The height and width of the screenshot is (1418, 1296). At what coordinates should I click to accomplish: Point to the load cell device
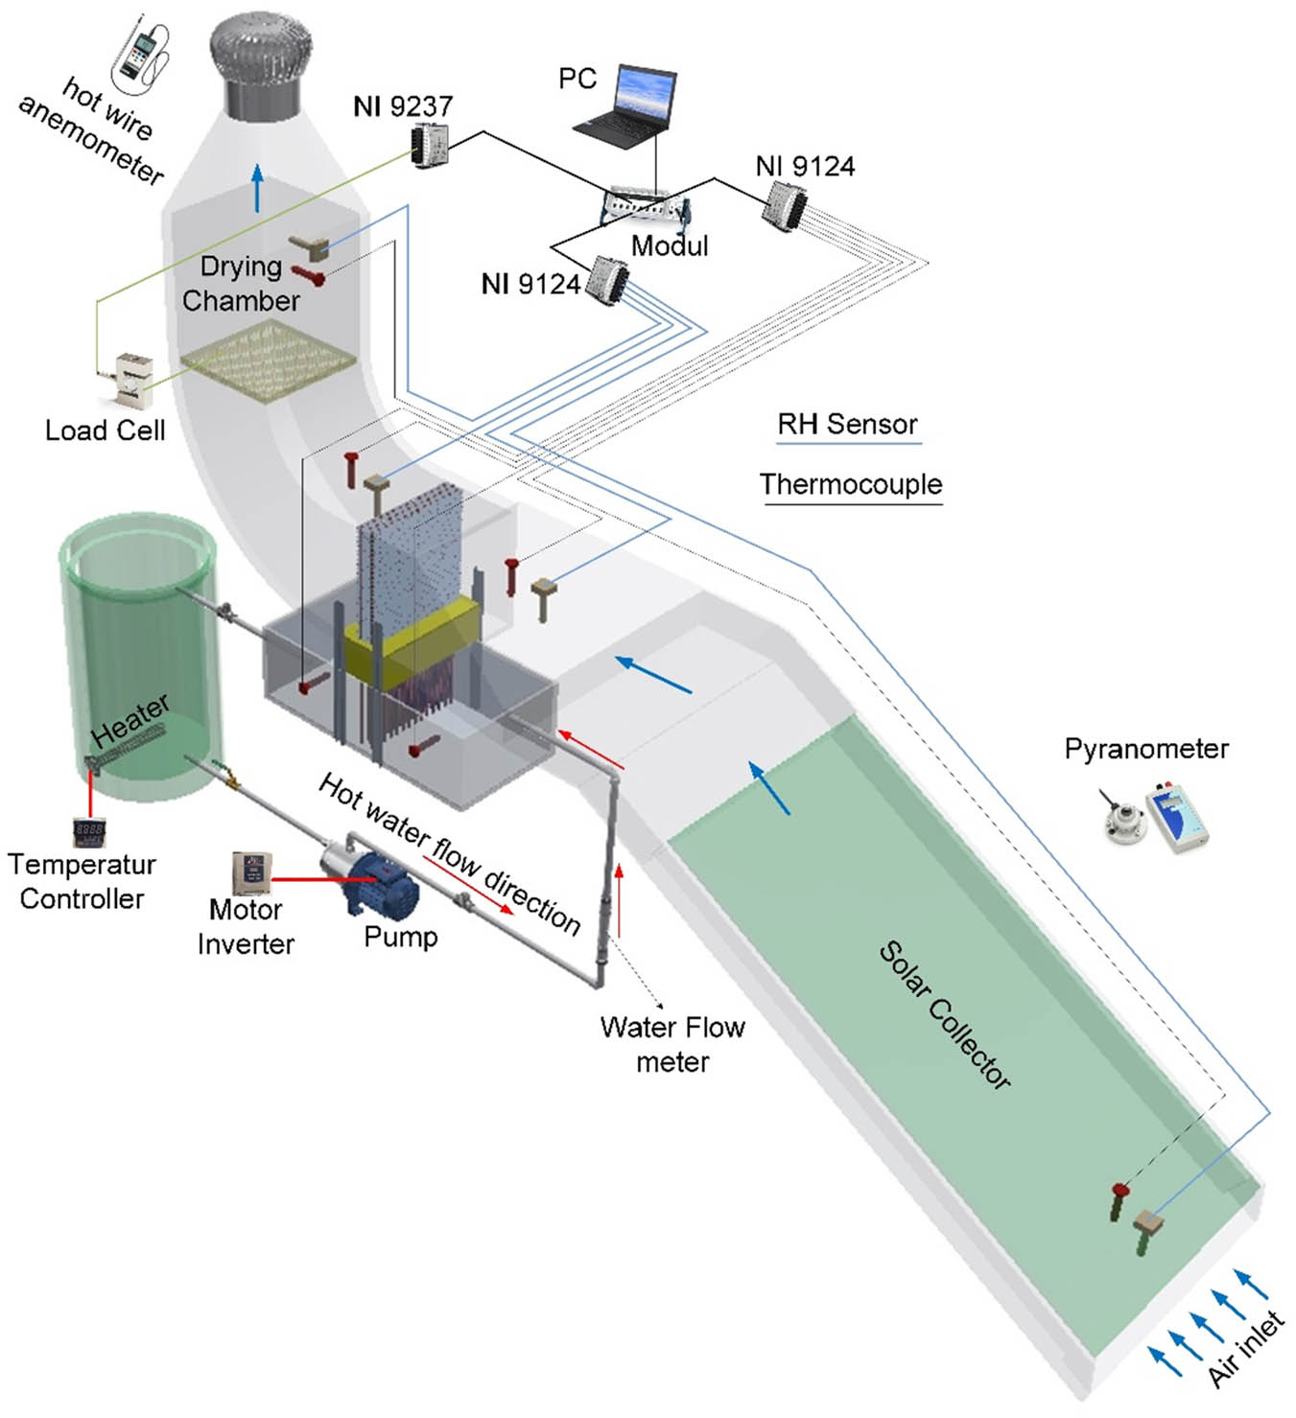tap(131, 380)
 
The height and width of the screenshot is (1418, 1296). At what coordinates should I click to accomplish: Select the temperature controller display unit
tap(89, 831)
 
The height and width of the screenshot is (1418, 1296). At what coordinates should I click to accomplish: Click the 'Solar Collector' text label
tap(945, 1015)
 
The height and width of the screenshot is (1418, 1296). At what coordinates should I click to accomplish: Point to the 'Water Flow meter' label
tap(672, 1044)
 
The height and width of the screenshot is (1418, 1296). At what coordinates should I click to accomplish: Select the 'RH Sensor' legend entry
tap(847, 424)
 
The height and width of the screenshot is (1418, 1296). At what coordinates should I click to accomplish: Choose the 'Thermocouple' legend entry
tap(851, 484)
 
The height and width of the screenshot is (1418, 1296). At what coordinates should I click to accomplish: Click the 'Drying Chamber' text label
tap(241, 284)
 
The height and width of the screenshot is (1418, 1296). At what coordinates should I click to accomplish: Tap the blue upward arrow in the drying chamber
tap(257, 188)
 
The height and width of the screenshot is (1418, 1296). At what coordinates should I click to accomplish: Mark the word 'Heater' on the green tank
tap(130, 721)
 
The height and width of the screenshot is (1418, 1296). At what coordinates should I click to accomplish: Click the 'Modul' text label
tap(670, 246)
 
